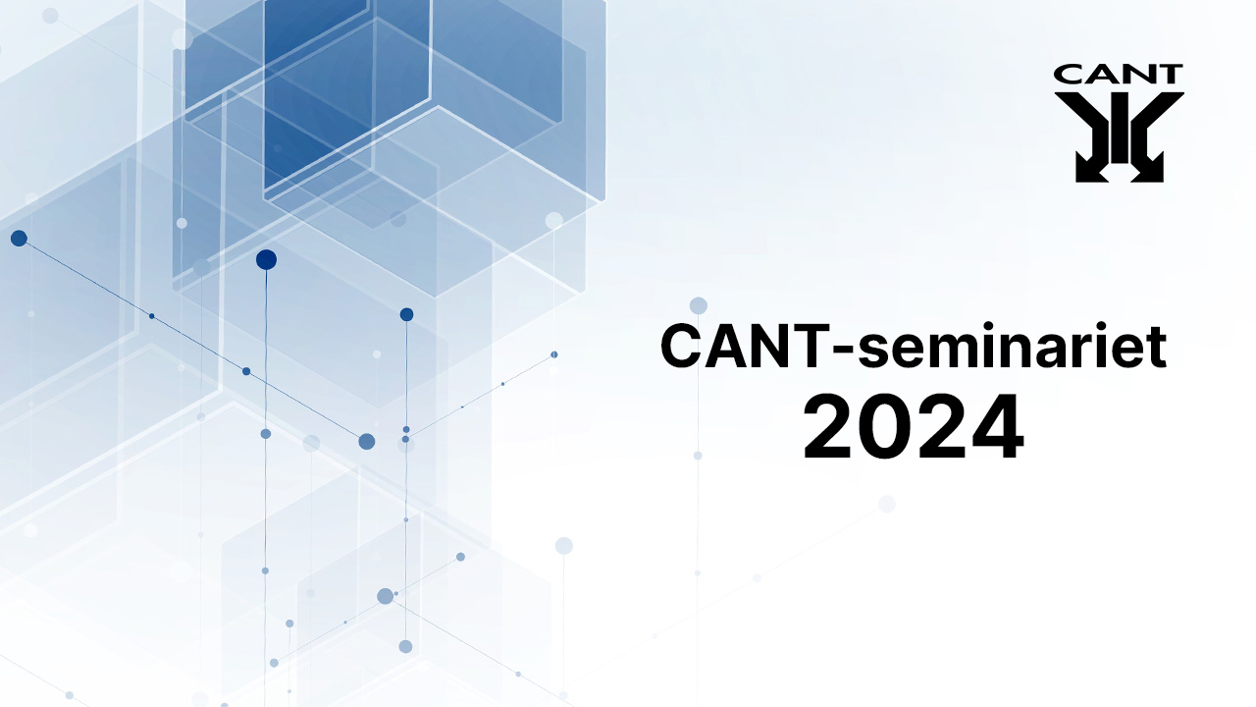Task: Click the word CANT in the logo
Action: point(1118,74)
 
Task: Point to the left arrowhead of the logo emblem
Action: point(1088,171)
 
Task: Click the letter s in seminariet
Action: point(874,352)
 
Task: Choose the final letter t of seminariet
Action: point(1155,348)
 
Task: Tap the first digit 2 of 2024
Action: point(829,426)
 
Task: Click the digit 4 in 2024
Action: point(996,426)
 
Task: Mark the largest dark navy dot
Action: point(266,260)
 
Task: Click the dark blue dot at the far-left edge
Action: point(19,239)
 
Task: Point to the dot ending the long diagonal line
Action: point(367,442)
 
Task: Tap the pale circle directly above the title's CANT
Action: point(698,305)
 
